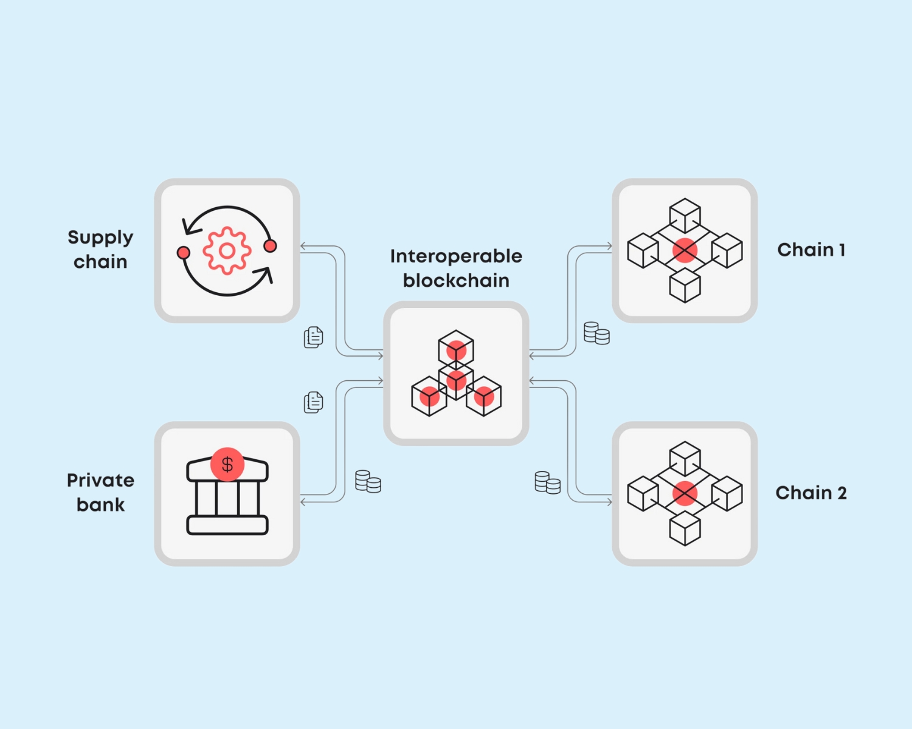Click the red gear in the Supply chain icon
(227, 250)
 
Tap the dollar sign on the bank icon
(227, 465)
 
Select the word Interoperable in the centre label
(456, 256)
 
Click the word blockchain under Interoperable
(456, 281)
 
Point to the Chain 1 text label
(811, 250)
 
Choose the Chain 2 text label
(811, 493)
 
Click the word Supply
(100, 238)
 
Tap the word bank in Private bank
(100, 505)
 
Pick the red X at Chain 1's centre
(685, 250)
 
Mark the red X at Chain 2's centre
(685, 493)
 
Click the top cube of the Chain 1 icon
(685, 215)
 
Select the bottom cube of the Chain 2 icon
(685, 528)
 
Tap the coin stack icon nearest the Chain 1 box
(596, 334)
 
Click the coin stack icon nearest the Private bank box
(368, 482)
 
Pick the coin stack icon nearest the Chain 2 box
(547, 483)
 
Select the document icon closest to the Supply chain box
(313, 337)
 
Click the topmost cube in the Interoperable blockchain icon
(456, 348)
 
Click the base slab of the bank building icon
(227, 525)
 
